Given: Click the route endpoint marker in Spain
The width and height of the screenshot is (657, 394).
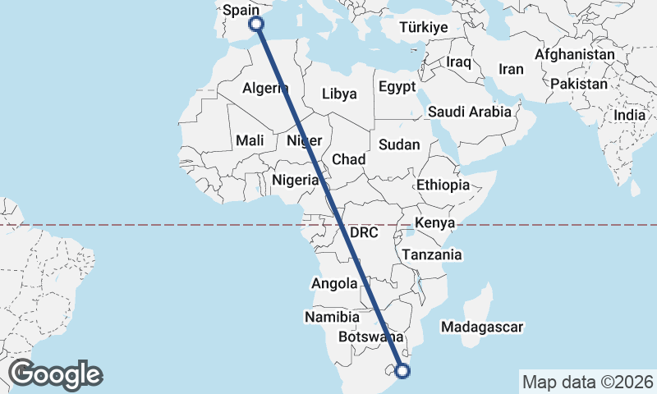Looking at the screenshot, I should pyautogui.click(x=256, y=24).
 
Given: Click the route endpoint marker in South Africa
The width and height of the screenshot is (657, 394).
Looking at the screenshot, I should pyautogui.click(x=402, y=371).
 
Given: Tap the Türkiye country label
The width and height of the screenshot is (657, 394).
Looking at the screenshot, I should pyautogui.click(x=423, y=28).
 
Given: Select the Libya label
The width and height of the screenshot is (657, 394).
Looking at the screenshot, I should pyautogui.click(x=339, y=94).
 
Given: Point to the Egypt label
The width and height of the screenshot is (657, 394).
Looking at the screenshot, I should pyautogui.click(x=397, y=87).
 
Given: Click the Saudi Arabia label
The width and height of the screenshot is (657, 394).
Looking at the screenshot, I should pyautogui.click(x=470, y=112).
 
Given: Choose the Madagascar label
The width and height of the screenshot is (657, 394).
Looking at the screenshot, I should pyautogui.click(x=481, y=327).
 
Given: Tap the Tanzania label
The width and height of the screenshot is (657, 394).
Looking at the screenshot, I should pyautogui.click(x=432, y=254).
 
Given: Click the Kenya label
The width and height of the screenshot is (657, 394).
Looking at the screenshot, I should pyautogui.click(x=435, y=223).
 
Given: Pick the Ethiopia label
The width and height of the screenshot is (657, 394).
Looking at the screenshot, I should pyautogui.click(x=443, y=185).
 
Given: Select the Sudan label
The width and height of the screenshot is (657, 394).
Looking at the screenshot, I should pyautogui.click(x=399, y=144).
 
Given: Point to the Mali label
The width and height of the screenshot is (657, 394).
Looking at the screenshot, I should pyautogui.click(x=250, y=140).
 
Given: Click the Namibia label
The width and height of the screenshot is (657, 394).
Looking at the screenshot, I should pyautogui.click(x=332, y=316).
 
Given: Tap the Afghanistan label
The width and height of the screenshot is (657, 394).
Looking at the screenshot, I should pyautogui.click(x=574, y=55).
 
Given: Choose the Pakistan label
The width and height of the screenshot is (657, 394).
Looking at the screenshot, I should pyautogui.click(x=579, y=84).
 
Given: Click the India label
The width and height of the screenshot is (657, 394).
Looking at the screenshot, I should pyautogui.click(x=629, y=116).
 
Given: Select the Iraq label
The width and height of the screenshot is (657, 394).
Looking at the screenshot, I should pyautogui.click(x=458, y=62).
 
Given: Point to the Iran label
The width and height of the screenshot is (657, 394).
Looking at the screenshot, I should pyautogui.click(x=511, y=70).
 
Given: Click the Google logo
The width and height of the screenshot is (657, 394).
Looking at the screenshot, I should pyautogui.click(x=55, y=374).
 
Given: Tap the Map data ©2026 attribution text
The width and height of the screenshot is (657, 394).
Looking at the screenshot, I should pyautogui.click(x=587, y=382).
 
